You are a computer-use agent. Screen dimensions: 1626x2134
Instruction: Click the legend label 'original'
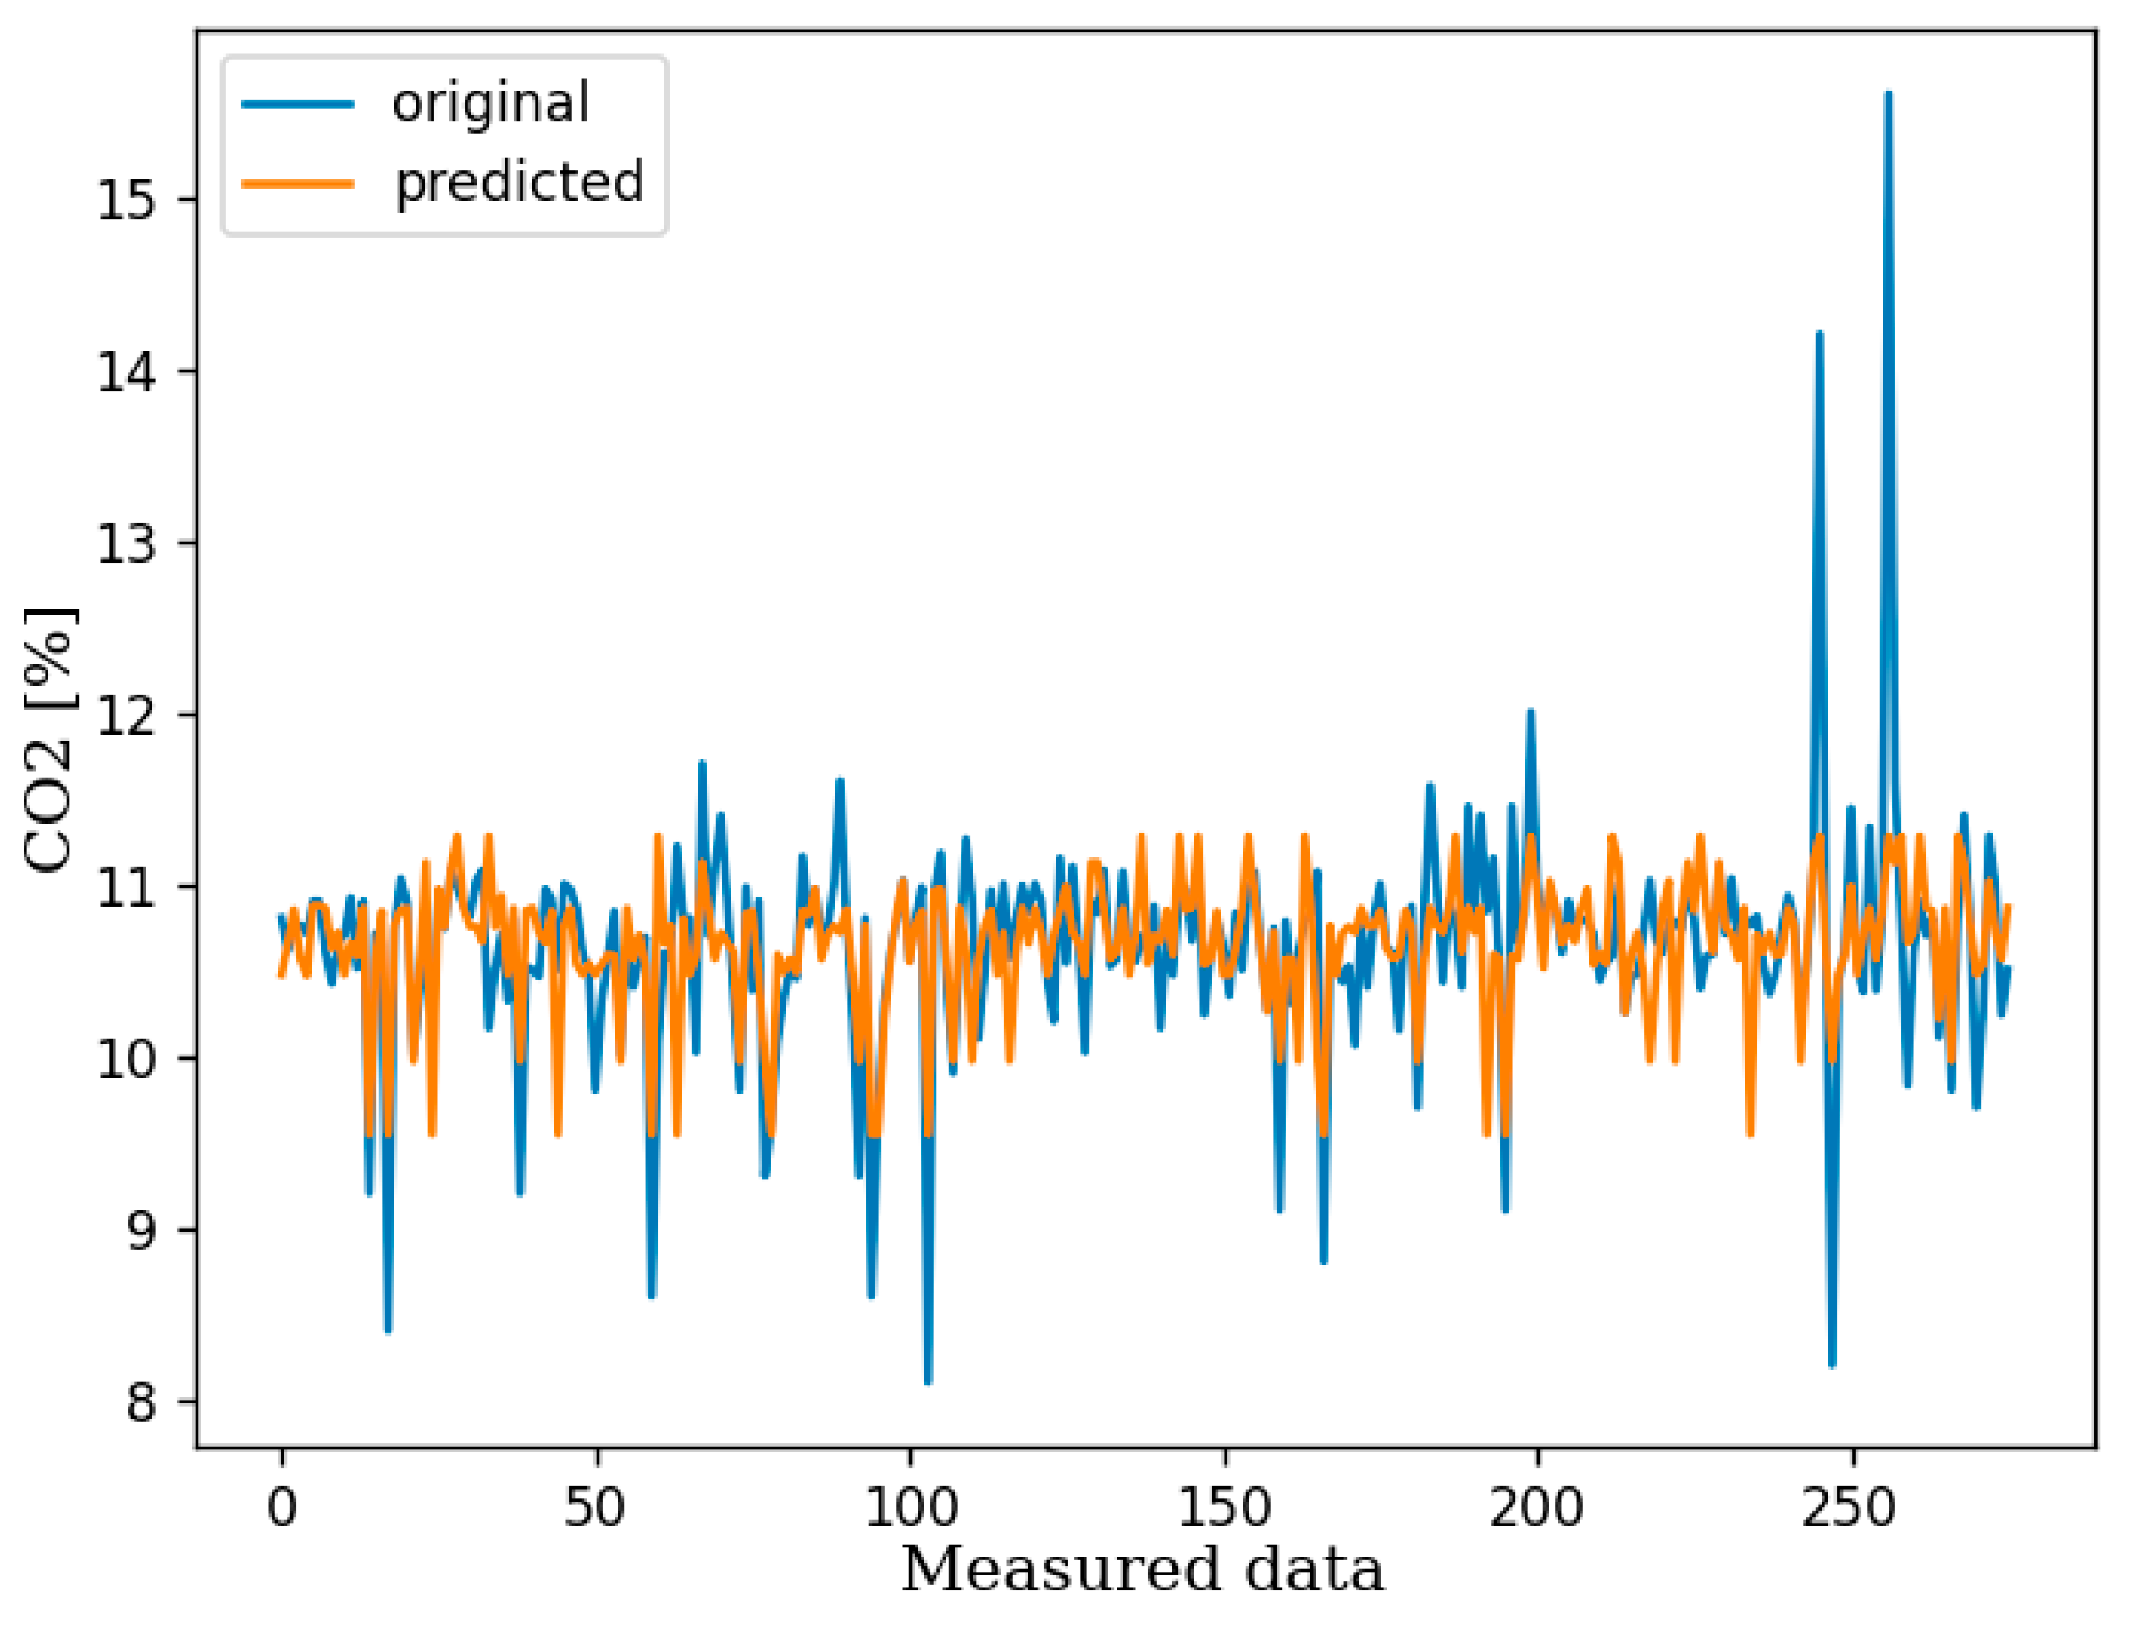point(491,102)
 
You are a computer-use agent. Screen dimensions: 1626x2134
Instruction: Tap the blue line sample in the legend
point(298,103)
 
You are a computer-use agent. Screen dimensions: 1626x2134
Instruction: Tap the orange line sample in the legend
point(298,183)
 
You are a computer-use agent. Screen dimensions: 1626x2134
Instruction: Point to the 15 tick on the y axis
point(126,201)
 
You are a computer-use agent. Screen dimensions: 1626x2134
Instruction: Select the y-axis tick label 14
point(126,372)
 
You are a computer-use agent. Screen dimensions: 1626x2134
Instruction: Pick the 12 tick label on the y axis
point(126,715)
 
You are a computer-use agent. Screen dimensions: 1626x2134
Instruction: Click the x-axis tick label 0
point(283,1507)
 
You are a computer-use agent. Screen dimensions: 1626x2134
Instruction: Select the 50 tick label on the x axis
point(596,1507)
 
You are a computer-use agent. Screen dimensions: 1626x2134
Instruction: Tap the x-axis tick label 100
point(911,1507)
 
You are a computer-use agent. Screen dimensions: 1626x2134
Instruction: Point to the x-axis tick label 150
point(1224,1507)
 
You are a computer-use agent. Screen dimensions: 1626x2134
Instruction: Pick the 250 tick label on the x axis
point(1851,1507)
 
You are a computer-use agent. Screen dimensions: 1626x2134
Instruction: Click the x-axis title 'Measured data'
point(1142,1570)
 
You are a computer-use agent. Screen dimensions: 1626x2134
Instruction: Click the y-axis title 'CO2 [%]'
point(48,741)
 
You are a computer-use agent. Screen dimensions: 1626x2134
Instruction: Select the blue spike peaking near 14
point(1819,333)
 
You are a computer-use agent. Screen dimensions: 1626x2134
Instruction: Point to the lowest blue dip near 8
point(928,1382)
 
